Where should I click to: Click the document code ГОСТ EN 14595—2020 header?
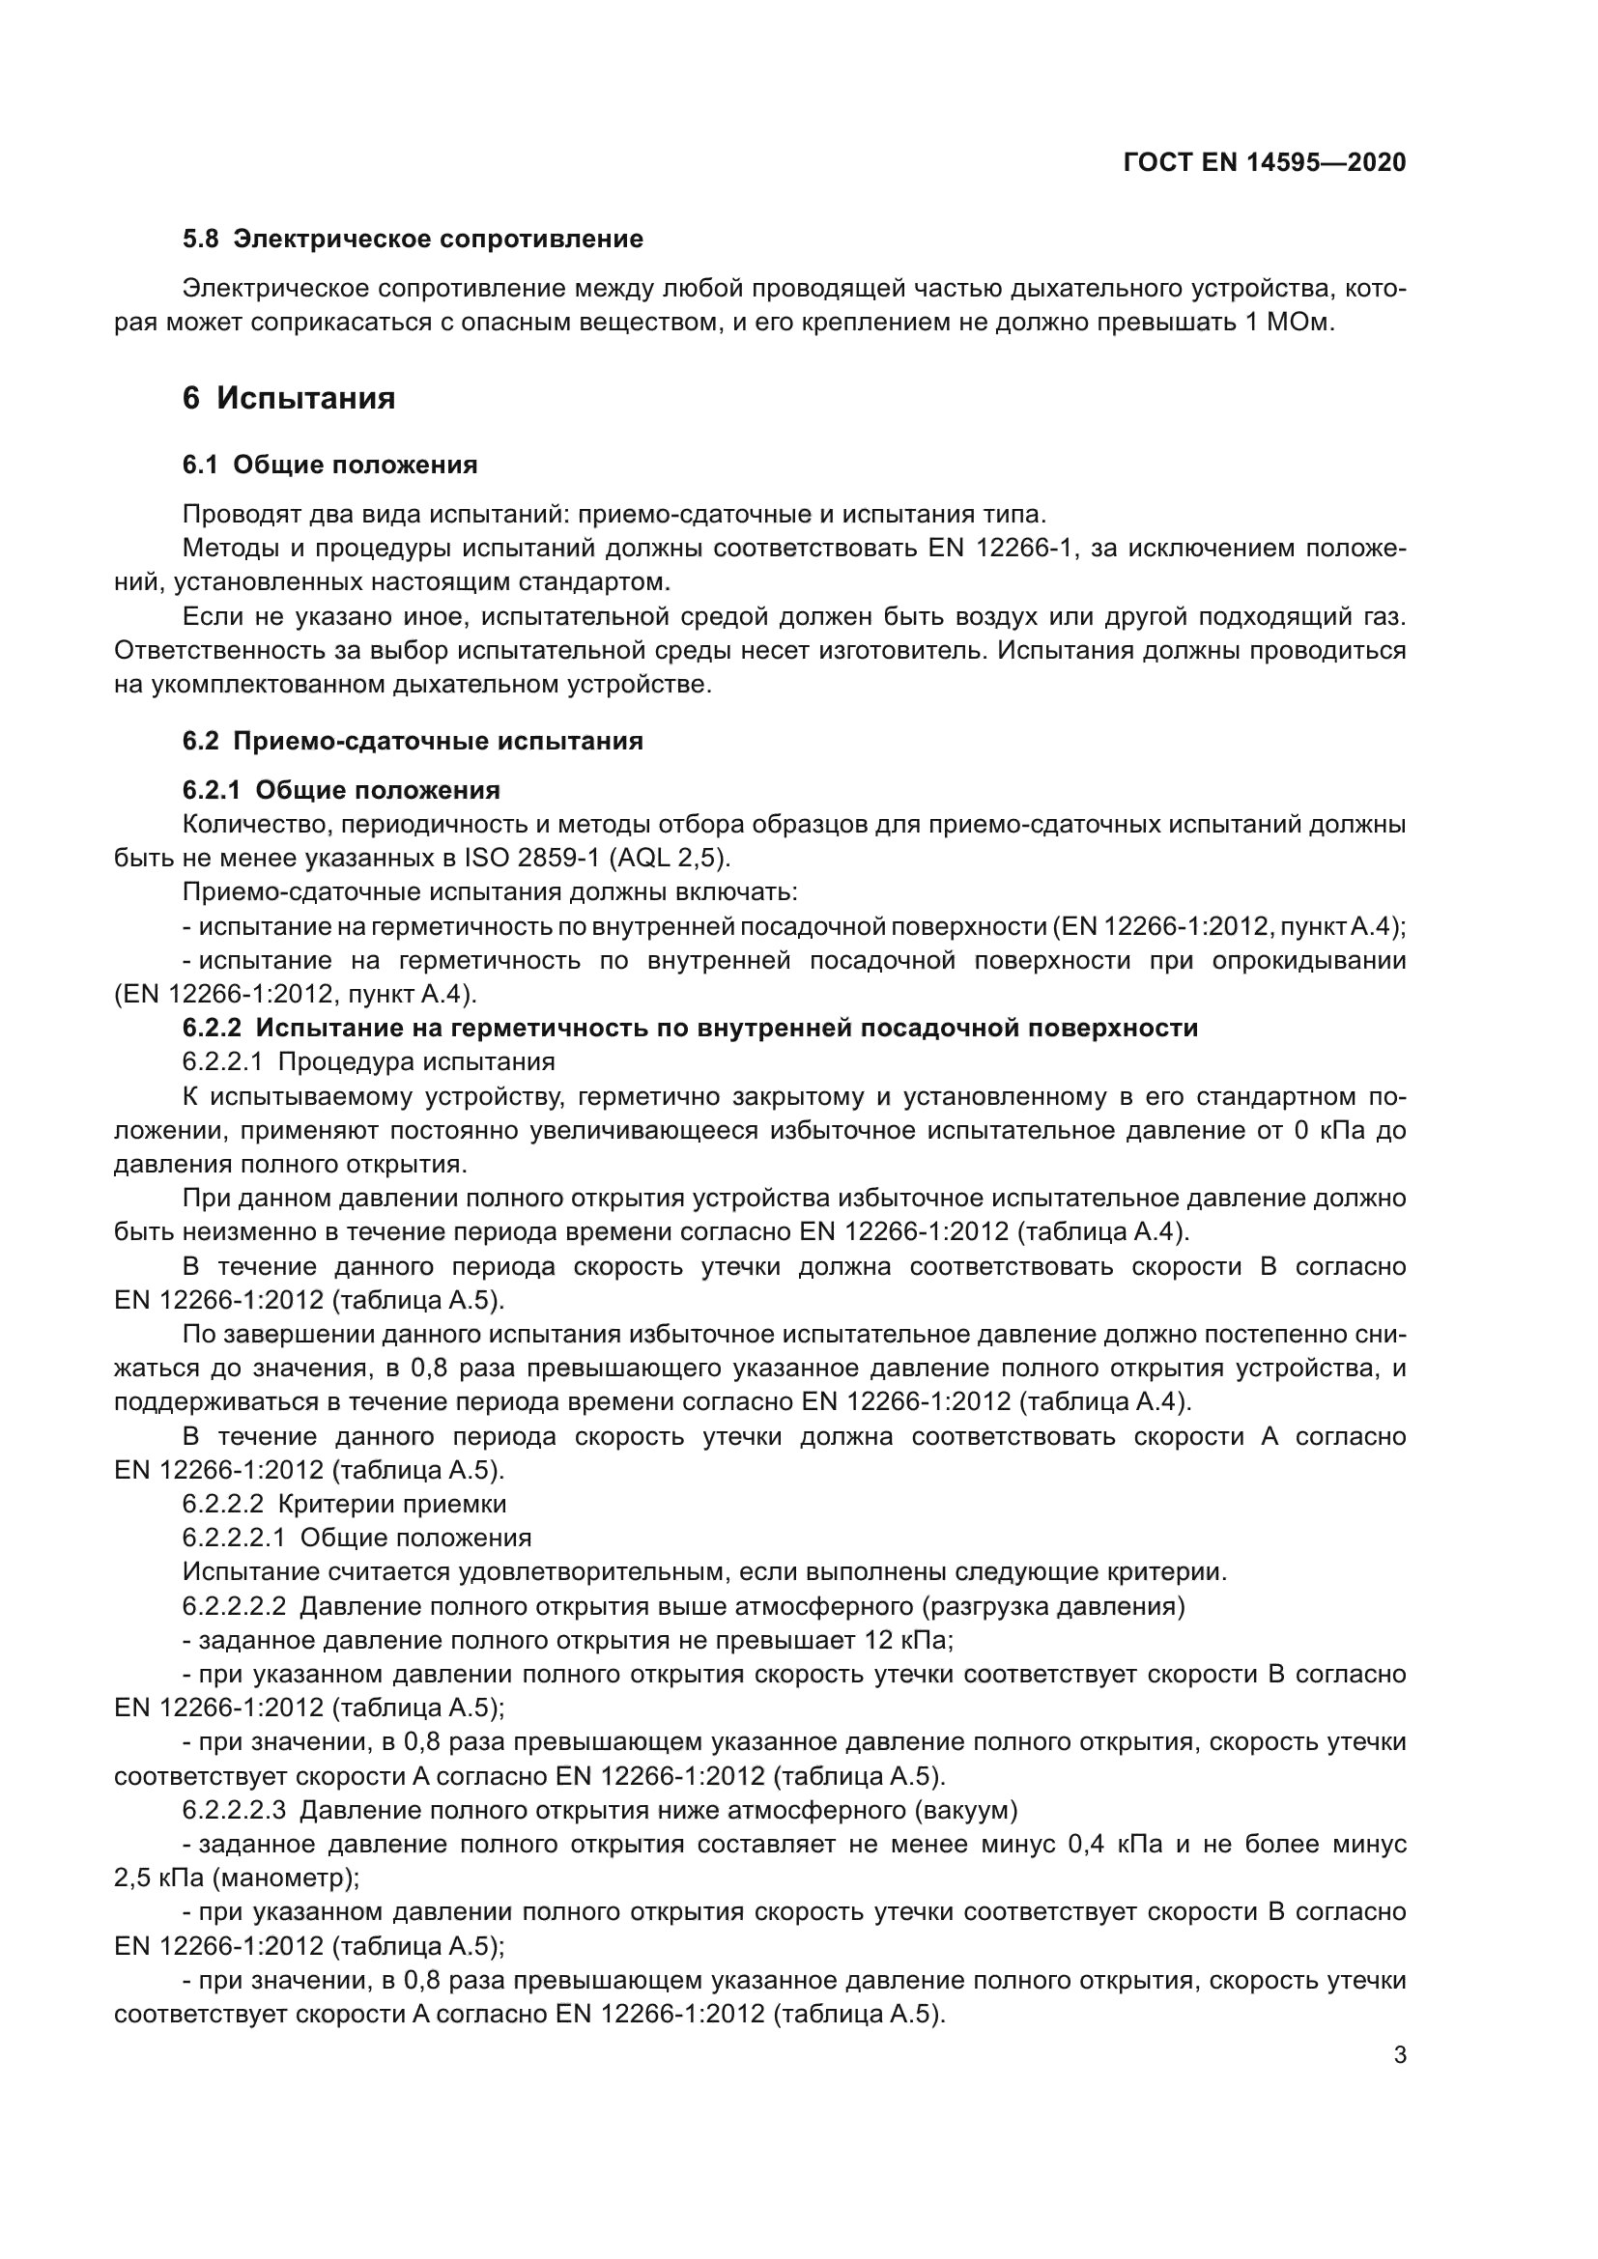(x=1265, y=163)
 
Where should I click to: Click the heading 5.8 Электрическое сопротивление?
(x=413, y=240)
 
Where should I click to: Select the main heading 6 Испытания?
(x=289, y=399)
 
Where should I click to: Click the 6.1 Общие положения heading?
(x=329, y=466)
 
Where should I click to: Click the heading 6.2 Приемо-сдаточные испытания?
(x=413, y=741)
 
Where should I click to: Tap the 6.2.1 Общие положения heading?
(x=340, y=790)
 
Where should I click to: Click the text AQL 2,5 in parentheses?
(x=670, y=858)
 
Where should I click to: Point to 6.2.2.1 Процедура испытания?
(x=368, y=1061)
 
